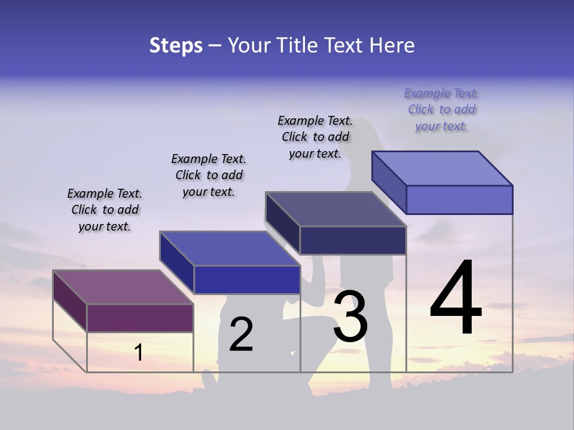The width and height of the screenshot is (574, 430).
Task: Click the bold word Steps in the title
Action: tap(176, 45)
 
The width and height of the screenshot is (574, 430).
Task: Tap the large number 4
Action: tap(456, 299)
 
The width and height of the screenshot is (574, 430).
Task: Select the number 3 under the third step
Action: tap(350, 317)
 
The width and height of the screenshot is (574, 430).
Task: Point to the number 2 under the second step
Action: tap(242, 334)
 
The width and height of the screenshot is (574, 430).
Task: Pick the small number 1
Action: tap(139, 352)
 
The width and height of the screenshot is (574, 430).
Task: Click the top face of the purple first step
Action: tap(123, 287)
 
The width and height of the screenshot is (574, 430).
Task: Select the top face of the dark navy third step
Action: tap(335, 209)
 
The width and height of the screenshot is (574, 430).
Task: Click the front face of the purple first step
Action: tap(140, 318)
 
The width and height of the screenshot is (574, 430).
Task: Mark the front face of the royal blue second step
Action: tap(246, 279)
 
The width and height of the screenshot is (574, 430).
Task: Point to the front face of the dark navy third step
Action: tap(353, 240)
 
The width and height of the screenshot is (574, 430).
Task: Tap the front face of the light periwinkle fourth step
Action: tap(459, 199)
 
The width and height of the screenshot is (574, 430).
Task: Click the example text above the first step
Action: tap(105, 210)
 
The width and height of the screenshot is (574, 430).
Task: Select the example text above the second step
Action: tap(209, 175)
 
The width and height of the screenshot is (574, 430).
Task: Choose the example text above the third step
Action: tap(315, 137)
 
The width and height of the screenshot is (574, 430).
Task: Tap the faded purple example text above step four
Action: tap(441, 109)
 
